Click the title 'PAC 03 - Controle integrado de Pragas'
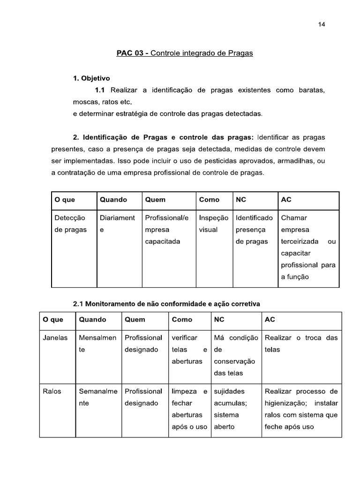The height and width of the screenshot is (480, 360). pyautogui.click(x=185, y=53)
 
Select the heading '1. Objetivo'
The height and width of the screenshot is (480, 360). pyautogui.click(x=91, y=78)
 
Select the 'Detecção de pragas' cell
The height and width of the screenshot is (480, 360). pyautogui.click(x=71, y=224)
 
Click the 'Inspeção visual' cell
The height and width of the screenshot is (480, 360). pyautogui.click(x=214, y=224)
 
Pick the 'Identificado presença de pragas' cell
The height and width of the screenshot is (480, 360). pyautogui.click(x=254, y=230)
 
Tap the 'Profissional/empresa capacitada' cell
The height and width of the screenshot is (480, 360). pyautogui.click(x=167, y=230)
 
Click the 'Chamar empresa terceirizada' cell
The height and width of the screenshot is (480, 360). pyautogui.click(x=308, y=247)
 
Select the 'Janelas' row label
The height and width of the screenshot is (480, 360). pyautogui.click(x=55, y=337)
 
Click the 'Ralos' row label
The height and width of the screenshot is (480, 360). pyautogui.click(x=52, y=391)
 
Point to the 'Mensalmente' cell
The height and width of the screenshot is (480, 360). pyautogui.click(x=97, y=344)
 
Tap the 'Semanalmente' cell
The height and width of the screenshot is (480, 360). pyautogui.click(x=97, y=397)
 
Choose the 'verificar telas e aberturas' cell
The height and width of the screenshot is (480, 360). pyautogui.click(x=189, y=350)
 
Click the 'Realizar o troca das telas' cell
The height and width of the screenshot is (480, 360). pyautogui.click(x=301, y=344)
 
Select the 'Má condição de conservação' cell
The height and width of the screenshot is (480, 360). pyautogui.click(x=236, y=355)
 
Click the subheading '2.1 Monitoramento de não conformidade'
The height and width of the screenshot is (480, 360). pyautogui.click(x=166, y=304)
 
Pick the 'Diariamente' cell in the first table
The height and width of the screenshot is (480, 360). pyautogui.click(x=117, y=224)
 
